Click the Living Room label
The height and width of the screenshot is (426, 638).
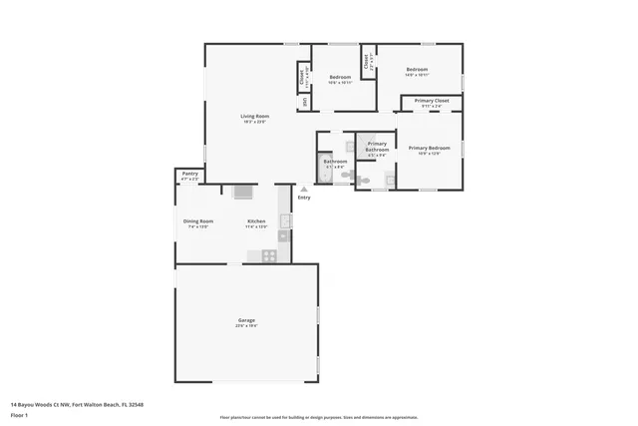click(x=254, y=117)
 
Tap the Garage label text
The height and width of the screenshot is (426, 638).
click(x=245, y=320)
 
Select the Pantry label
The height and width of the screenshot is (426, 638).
click(x=189, y=174)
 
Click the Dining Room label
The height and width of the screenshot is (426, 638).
click(x=197, y=220)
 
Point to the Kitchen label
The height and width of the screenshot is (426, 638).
click(x=256, y=220)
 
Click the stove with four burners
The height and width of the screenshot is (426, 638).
click(x=269, y=255)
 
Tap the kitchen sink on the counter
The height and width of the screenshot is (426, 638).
click(x=284, y=221)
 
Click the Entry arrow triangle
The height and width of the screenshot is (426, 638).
click(x=304, y=189)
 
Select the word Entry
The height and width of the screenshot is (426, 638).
click(x=304, y=197)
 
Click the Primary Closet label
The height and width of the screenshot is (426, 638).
click(x=431, y=101)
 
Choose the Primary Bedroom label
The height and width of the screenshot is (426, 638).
click(x=429, y=148)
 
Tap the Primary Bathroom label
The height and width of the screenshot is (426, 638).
click(x=377, y=147)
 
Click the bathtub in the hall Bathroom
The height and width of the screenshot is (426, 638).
click(x=323, y=169)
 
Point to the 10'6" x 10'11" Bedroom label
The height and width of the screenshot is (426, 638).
click(x=341, y=77)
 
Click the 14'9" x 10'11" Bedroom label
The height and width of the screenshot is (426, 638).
click(x=416, y=70)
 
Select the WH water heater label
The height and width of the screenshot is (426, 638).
click(x=303, y=101)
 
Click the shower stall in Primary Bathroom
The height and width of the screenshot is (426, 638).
click(x=390, y=179)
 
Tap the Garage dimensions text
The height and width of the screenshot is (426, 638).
click(x=245, y=325)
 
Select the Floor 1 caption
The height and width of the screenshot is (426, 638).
click(x=19, y=415)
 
